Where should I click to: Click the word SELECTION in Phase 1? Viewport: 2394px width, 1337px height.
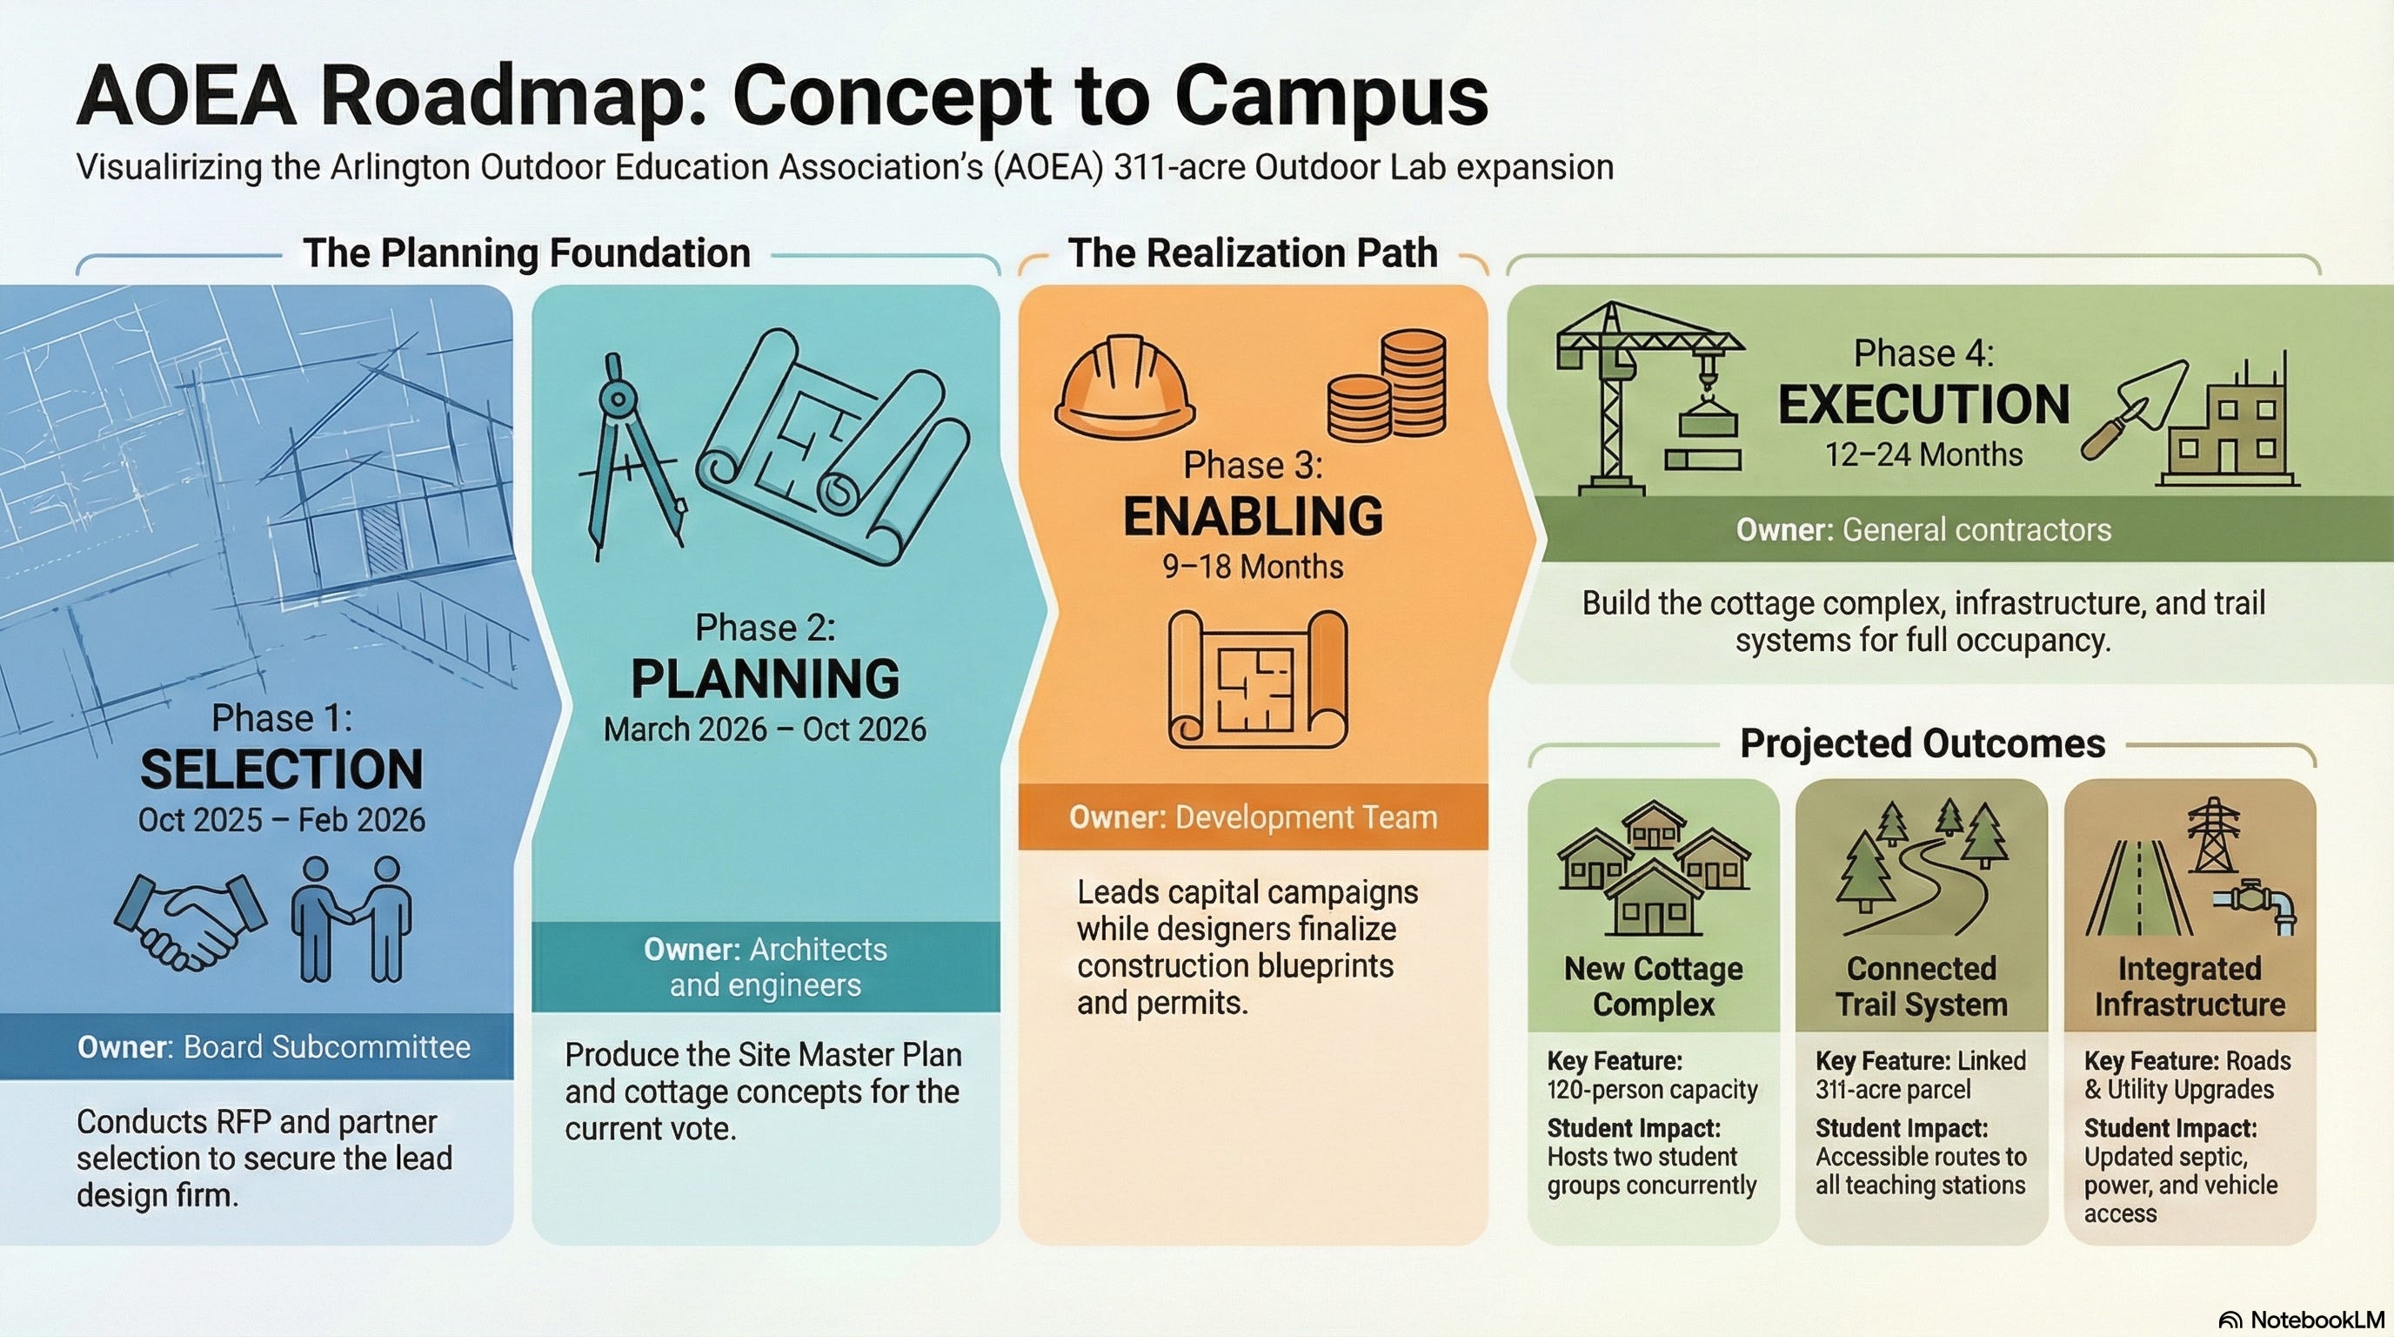click(282, 769)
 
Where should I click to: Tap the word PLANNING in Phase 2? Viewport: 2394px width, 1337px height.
click(765, 679)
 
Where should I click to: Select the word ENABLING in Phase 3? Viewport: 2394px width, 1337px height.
click(1253, 517)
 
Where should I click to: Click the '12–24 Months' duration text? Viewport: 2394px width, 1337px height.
click(1923, 454)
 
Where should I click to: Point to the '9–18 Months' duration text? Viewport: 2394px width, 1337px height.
click(1253, 567)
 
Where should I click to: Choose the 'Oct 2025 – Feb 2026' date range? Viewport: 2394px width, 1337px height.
click(282, 820)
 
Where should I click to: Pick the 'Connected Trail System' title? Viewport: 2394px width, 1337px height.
click(1921, 985)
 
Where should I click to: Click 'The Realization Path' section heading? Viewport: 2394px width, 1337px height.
click(1253, 253)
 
